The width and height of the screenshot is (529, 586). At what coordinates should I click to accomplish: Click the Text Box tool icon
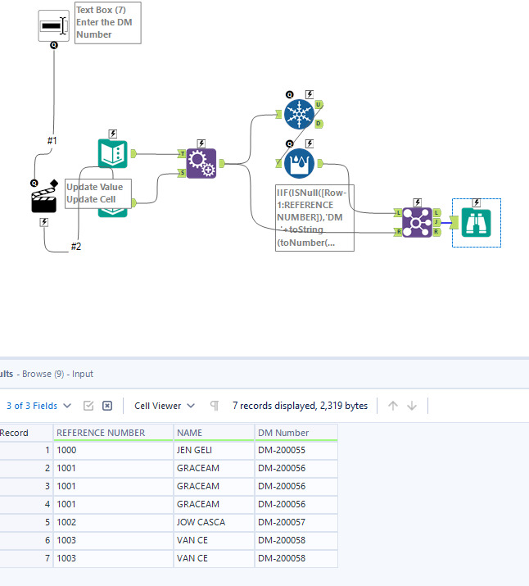click(53, 25)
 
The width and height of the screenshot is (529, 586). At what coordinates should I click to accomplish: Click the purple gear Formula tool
click(201, 163)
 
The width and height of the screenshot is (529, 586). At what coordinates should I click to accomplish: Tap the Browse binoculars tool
click(476, 222)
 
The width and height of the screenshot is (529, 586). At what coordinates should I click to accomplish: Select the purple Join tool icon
click(417, 221)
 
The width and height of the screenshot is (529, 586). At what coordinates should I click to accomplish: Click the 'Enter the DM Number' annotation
click(107, 23)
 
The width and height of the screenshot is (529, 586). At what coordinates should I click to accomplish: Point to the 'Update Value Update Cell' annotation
click(94, 193)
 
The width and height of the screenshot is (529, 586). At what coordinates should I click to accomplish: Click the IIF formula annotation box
click(314, 217)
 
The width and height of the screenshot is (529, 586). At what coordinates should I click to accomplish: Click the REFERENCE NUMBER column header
click(101, 433)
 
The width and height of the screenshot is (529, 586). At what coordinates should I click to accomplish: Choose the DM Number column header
click(283, 433)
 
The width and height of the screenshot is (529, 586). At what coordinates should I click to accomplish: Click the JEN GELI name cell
click(201, 450)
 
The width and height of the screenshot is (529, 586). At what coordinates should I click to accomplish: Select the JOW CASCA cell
click(201, 522)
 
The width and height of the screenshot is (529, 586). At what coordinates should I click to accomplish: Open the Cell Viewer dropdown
click(165, 406)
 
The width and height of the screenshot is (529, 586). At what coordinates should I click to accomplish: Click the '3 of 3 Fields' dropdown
click(38, 406)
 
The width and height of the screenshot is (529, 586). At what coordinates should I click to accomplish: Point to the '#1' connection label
click(52, 141)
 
